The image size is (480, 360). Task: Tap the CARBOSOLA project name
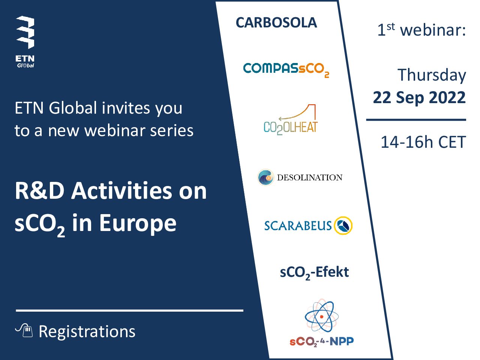(276, 23)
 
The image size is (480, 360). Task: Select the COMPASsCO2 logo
(286, 70)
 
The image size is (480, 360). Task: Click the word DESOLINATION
(309, 177)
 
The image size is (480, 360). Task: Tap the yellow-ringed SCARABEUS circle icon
(343, 225)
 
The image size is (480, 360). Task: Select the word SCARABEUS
(298, 226)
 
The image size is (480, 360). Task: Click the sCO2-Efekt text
(314, 272)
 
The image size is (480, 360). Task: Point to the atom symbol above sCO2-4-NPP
(321, 316)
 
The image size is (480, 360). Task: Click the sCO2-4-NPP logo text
(321, 342)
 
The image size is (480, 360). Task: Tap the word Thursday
(432, 75)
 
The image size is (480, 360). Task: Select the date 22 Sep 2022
(419, 97)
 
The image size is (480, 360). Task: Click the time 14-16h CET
(423, 142)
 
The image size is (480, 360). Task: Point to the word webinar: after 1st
(433, 30)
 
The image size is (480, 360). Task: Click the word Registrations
(87, 331)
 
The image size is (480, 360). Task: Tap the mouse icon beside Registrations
(24, 330)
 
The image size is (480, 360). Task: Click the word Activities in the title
(121, 191)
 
